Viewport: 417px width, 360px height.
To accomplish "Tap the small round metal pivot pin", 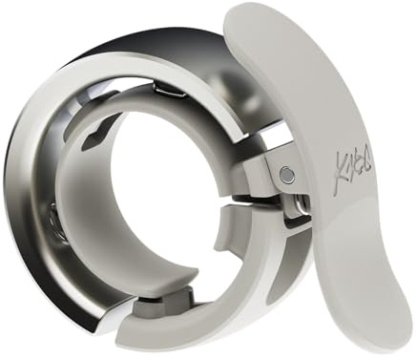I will tap(287, 173).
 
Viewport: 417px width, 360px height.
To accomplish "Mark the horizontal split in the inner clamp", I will tap(250, 202).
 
